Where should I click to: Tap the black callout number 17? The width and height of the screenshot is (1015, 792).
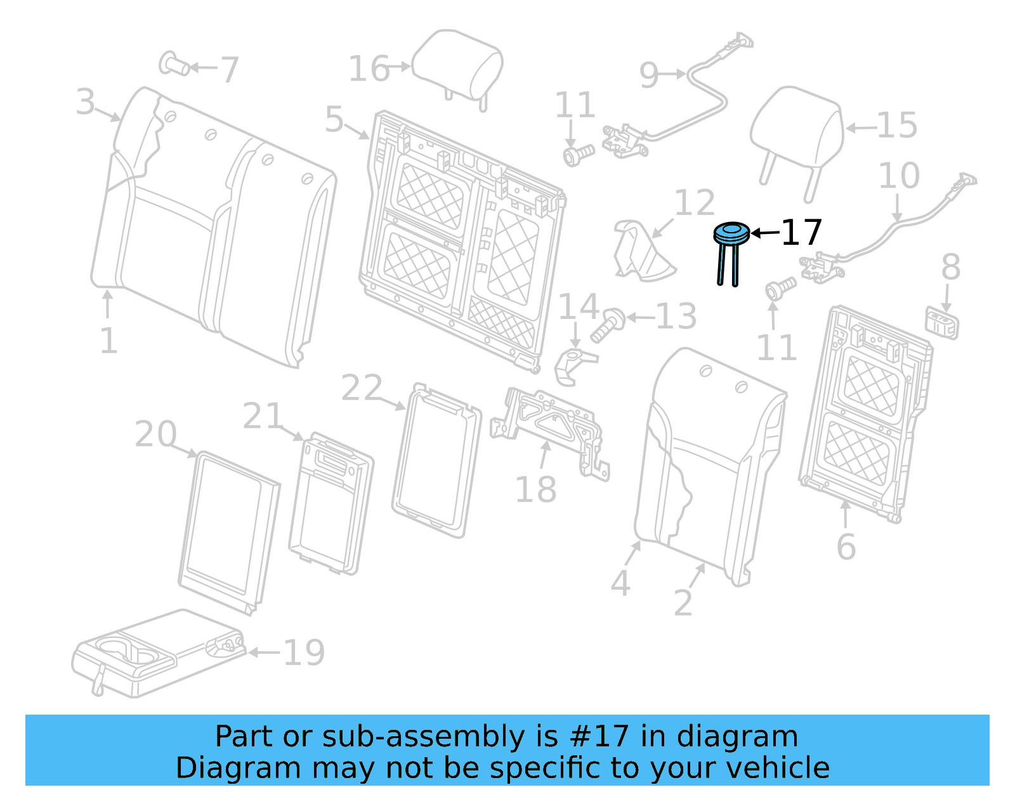coord(802,233)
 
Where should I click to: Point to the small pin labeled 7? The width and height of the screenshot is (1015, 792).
coord(174,64)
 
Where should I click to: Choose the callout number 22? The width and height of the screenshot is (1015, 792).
coord(362,388)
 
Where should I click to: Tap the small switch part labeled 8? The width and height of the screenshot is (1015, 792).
coord(942,323)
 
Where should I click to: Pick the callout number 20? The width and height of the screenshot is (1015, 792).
coord(155,434)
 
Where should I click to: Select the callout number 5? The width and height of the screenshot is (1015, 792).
coord(334,119)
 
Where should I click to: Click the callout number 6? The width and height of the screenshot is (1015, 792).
coord(846,547)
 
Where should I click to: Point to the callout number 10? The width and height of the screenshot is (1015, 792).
coord(899,176)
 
